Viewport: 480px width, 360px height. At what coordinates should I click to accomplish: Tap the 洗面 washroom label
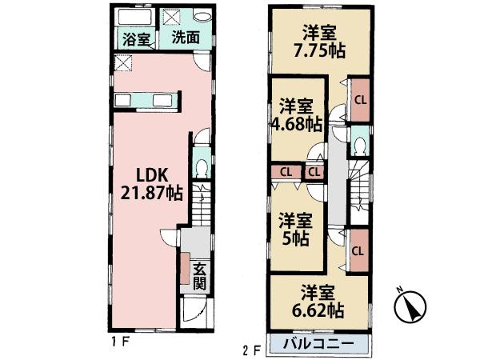[x=186, y=38]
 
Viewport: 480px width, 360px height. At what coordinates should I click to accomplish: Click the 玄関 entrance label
[x=200, y=275]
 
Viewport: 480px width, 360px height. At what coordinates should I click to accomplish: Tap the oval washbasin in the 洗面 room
[x=203, y=18]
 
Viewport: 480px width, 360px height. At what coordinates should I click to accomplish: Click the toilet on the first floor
[x=202, y=169]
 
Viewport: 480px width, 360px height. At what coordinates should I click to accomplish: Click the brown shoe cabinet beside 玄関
[x=186, y=270]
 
